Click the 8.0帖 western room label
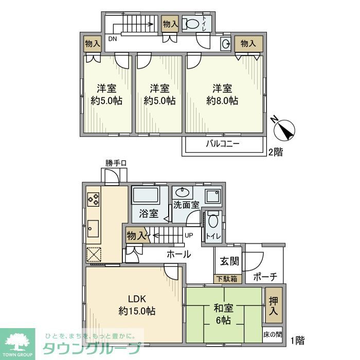[x=223, y=94]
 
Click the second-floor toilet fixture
[x=193, y=24]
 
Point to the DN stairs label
[x=112, y=39]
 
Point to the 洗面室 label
[x=185, y=204]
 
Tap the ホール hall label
[x=178, y=254]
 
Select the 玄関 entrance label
[x=229, y=261]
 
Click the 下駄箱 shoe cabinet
[x=226, y=279]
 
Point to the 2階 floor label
[x=274, y=152]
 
